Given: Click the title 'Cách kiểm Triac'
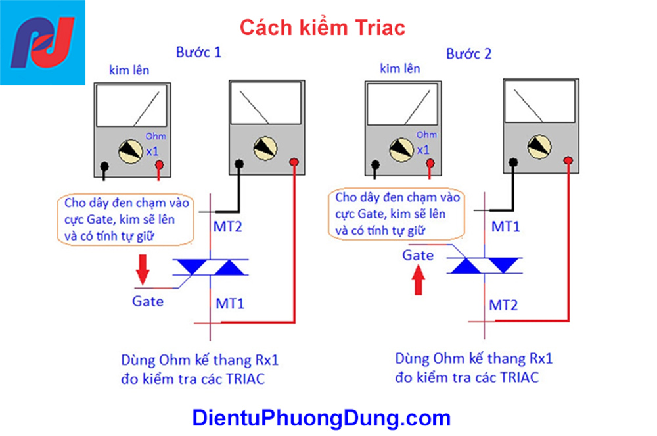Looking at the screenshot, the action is click(322, 28).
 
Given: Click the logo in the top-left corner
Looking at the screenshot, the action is click(43, 42).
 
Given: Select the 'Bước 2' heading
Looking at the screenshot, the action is click(468, 54).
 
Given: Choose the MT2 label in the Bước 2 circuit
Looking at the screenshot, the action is click(503, 305).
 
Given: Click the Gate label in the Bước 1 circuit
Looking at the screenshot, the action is click(148, 302).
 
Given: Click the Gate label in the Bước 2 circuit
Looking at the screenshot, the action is click(419, 255).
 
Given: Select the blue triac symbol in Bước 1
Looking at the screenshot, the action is click(210, 267).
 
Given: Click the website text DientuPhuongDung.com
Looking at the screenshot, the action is click(321, 418).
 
